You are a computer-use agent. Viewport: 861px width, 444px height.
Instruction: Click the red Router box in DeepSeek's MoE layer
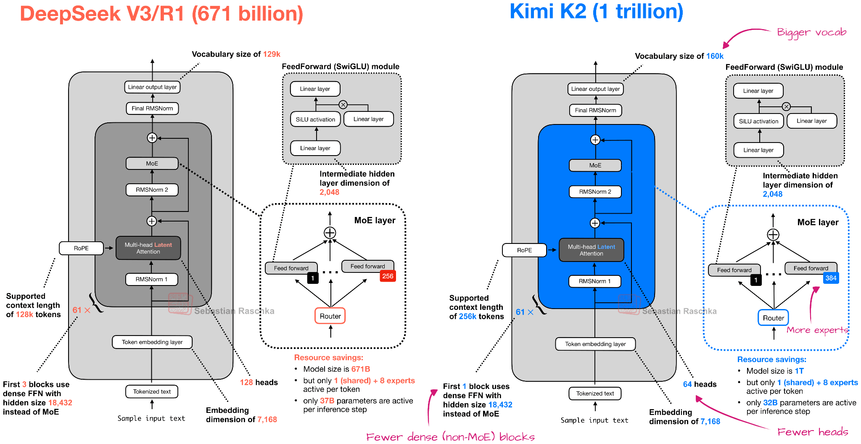point(330,316)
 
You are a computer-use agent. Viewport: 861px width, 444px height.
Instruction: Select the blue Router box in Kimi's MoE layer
point(773,318)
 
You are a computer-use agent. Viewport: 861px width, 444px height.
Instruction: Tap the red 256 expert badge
point(388,276)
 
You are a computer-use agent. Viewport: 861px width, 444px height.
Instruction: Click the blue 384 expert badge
point(831,278)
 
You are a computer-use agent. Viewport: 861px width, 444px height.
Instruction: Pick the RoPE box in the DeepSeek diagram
point(81,248)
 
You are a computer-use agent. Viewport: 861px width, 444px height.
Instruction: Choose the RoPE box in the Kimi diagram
point(524,250)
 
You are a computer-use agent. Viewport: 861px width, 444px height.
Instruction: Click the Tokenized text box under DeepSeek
point(152,391)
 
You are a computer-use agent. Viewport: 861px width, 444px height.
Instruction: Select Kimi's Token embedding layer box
point(595,344)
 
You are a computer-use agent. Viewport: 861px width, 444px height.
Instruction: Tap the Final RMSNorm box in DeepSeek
point(152,108)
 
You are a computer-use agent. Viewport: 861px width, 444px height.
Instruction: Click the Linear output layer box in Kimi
point(595,89)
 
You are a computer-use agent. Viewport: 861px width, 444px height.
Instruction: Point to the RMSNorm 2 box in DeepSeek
point(152,190)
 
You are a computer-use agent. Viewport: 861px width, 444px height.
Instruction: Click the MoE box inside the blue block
point(595,165)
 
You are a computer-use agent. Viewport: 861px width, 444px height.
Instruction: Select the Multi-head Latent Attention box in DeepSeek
point(148,248)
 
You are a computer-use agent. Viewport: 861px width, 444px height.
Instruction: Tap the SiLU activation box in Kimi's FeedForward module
point(758,121)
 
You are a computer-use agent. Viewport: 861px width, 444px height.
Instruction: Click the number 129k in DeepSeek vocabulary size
point(272,54)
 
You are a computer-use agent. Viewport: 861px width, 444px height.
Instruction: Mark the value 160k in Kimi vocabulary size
point(715,56)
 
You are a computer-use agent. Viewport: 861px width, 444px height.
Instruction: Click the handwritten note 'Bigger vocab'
point(811,32)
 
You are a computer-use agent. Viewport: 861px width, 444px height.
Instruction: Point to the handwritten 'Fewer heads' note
point(812,432)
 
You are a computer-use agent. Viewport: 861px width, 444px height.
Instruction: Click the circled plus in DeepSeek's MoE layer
point(330,233)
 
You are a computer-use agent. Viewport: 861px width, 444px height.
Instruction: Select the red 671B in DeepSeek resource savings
point(361,369)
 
